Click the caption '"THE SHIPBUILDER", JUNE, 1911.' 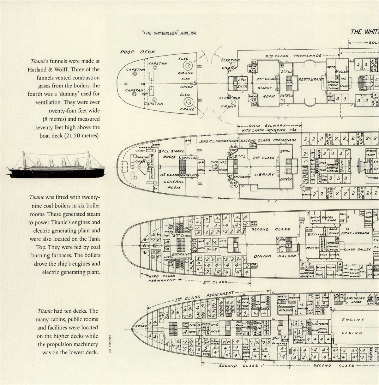pyautogui.click(x=170, y=33)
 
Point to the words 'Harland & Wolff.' pyautogui.click(x=47, y=69)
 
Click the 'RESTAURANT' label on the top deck pyautogui.click(x=311, y=79)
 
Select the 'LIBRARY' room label pyautogui.click(x=264, y=174)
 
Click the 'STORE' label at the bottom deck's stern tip pyautogui.click(x=141, y=326)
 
